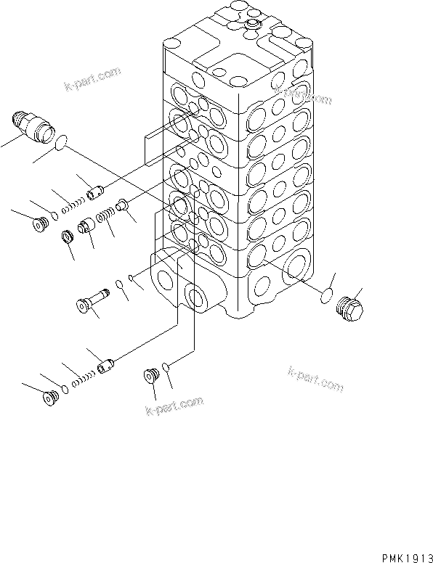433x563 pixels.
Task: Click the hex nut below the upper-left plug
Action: coord(67,237)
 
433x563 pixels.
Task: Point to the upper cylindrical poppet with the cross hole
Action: coord(93,194)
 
